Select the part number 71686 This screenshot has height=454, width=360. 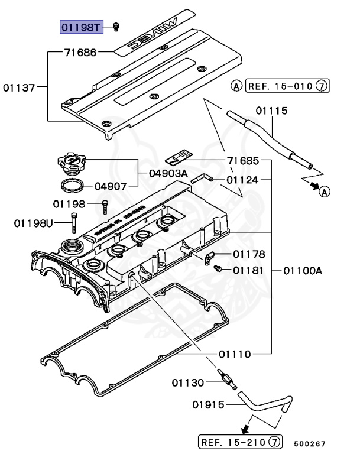tap(80, 53)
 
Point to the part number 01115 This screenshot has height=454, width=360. tap(271, 111)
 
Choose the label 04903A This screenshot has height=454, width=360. tap(168, 173)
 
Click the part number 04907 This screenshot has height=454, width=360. tap(111, 186)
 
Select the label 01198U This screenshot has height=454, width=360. tap(34, 223)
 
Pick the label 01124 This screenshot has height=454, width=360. tap(243, 180)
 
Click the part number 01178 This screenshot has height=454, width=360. tap(249, 254)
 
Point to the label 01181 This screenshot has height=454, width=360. tap(249, 270)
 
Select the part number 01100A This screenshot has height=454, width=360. tap(302, 270)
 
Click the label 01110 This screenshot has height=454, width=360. tap(235, 354)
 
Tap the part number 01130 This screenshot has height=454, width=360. tap(189, 382)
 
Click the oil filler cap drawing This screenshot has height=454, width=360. tap(70, 161)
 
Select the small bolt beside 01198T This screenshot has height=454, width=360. tap(116, 27)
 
